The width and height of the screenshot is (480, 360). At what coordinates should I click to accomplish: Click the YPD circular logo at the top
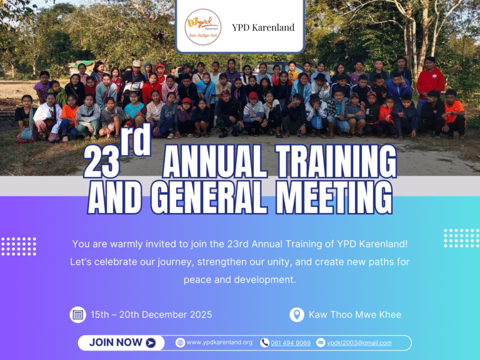[x=202, y=27]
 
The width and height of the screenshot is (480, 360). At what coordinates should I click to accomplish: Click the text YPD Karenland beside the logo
[x=263, y=27]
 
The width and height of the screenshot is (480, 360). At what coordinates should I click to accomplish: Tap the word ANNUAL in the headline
[x=215, y=163]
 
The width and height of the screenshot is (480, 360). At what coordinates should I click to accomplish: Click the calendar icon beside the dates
[x=77, y=314]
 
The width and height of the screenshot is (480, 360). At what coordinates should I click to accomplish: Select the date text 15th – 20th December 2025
[x=151, y=314]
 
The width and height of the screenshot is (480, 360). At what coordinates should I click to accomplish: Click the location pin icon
[x=297, y=314]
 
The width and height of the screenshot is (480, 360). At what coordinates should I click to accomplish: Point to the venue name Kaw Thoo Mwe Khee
[x=355, y=314]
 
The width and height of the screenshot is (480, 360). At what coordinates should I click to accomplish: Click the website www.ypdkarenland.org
[x=219, y=342]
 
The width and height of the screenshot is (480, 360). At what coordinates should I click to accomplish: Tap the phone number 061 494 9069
[x=291, y=342]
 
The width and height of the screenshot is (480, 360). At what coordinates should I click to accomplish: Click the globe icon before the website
[x=180, y=342]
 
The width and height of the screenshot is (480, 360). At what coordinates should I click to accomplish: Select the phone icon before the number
[x=264, y=342]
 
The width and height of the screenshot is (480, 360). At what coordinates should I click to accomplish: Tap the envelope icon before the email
[x=321, y=342]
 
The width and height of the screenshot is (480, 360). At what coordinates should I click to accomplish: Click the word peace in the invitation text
[x=197, y=279]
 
